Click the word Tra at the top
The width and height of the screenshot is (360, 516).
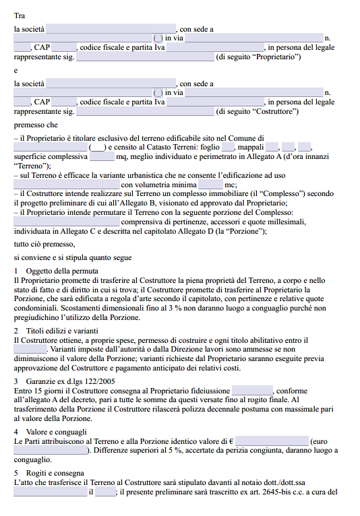point(20,14)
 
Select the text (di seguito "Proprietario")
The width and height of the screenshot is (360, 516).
point(258,57)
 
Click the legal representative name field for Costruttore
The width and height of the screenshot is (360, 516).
point(145,111)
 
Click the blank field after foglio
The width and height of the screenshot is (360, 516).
point(228,147)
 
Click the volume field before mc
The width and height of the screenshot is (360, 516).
point(210,185)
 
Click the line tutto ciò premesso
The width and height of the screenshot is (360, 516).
point(44,244)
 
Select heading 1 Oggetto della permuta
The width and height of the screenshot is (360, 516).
point(56,271)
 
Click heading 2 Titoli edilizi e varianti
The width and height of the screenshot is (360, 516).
point(61,331)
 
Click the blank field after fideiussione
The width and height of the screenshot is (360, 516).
point(252,391)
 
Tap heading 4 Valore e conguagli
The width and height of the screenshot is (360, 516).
point(56,432)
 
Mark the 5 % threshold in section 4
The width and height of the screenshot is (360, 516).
point(177,450)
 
